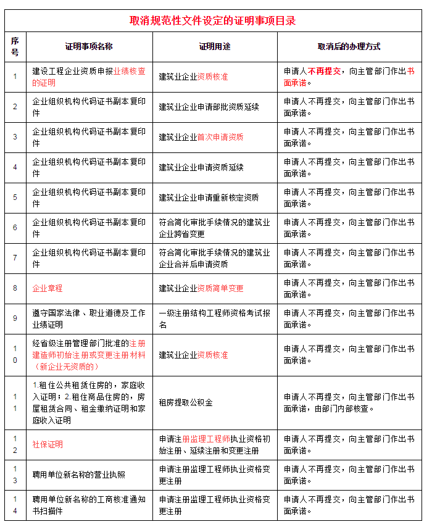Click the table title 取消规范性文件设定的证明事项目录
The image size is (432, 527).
coord(213,20)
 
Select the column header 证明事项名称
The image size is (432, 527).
coord(89,46)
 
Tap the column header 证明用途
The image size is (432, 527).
coord(214,46)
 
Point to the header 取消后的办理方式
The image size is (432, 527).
coord(349,46)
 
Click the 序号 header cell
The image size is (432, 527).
coord(15,46)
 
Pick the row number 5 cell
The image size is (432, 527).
coord(15,197)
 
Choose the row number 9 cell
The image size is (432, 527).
coord(15,318)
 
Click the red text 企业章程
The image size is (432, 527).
coord(48,288)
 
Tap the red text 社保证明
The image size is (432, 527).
coord(48,444)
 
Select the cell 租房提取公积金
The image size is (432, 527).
coord(186,403)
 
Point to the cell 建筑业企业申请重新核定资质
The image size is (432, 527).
coord(209,197)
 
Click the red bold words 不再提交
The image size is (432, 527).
coord(324,71)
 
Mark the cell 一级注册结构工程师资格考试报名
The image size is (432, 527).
coord(214,318)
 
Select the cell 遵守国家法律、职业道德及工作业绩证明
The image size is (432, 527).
coord(89,318)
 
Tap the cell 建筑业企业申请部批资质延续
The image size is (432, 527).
coord(209,107)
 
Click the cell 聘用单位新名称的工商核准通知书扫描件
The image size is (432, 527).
coord(89,505)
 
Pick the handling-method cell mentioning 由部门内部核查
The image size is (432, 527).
coord(349,403)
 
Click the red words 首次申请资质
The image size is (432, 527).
coord(220,137)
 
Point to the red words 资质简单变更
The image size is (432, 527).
coord(220,288)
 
